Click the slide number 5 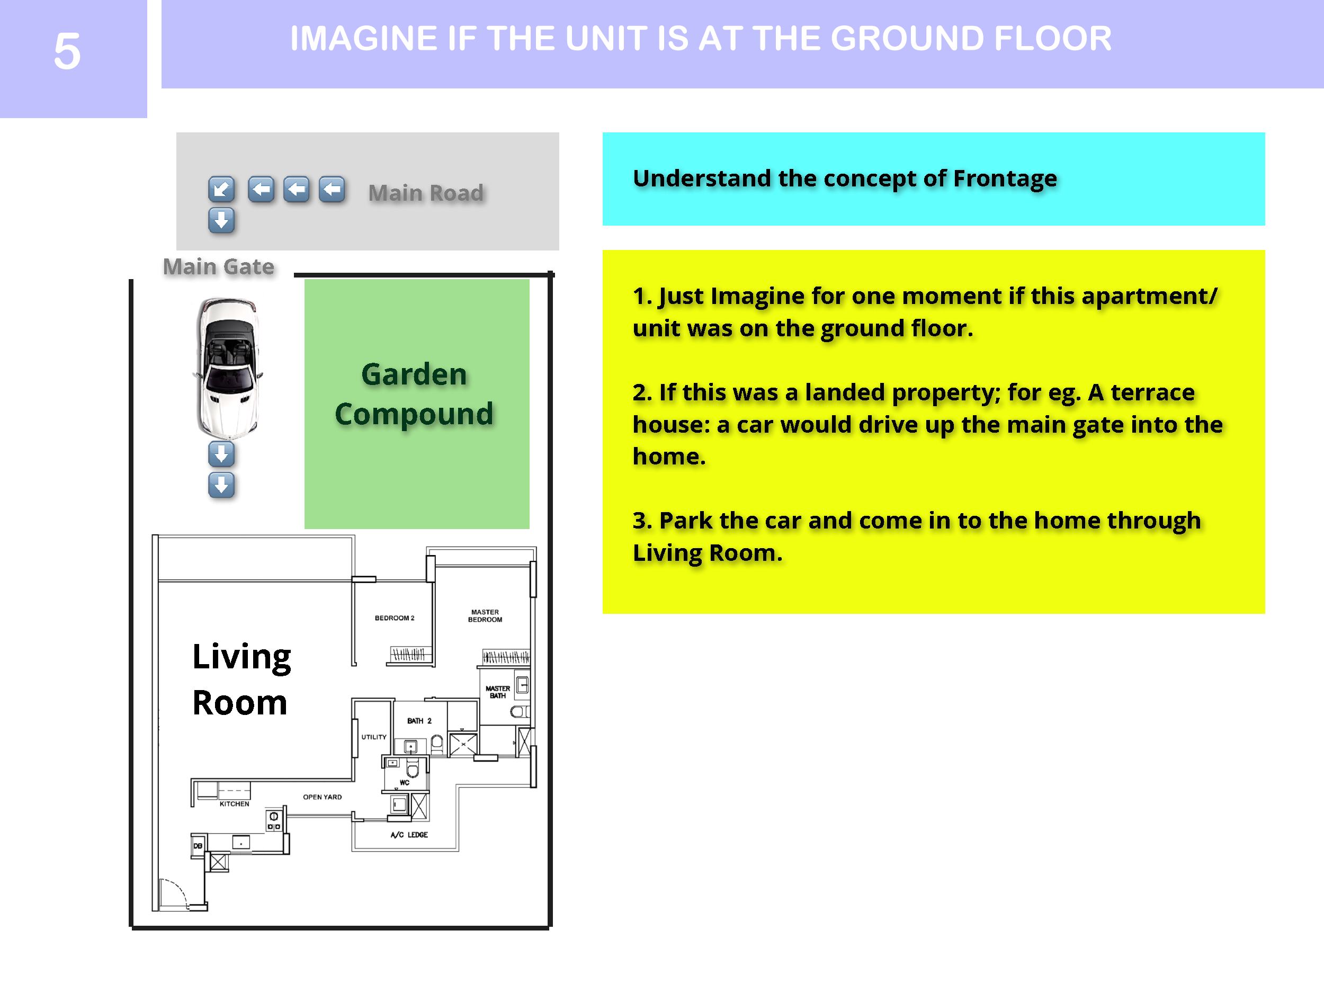(67, 51)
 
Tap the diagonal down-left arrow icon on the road (221, 189)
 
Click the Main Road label (426, 193)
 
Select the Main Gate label (219, 266)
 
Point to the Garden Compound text (414, 394)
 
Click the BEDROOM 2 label (395, 618)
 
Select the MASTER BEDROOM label (485, 616)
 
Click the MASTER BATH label (498, 692)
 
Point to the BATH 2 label (419, 721)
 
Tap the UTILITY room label (374, 737)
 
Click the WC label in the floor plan (405, 782)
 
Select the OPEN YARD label (322, 797)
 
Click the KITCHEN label (234, 804)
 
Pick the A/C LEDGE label (409, 834)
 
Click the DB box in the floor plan (198, 846)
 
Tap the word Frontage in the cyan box (1005, 178)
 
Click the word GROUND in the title (908, 38)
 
